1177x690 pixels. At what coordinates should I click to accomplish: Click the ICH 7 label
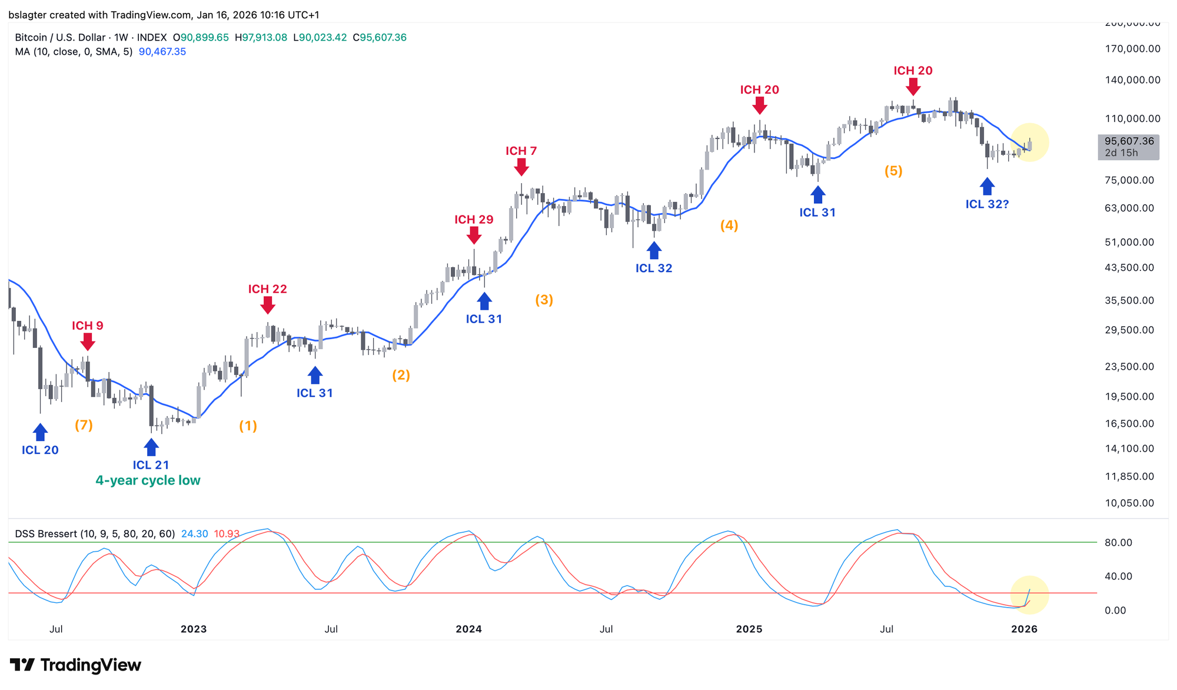tap(521, 151)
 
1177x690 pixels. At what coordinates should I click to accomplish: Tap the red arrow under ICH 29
tap(474, 235)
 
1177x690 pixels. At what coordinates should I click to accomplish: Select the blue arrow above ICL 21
tap(151, 447)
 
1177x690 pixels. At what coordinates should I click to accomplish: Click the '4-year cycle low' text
tap(148, 480)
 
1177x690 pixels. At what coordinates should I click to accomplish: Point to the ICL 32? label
tap(987, 204)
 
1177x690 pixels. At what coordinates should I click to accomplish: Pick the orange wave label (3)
tap(544, 300)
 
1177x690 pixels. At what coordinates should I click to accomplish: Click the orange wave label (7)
tap(84, 425)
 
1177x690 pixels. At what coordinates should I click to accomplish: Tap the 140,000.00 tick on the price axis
tap(1132, 80)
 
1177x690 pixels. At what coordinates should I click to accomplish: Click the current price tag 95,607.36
tap(1129, 141)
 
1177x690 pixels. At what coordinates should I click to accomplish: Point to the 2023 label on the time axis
tap(194, 629)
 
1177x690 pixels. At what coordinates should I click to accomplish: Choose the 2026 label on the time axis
tap(1024, 629)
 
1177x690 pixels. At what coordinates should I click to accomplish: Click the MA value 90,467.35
tap(162, 52)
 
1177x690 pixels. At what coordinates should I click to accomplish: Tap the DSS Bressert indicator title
tap(95, 534)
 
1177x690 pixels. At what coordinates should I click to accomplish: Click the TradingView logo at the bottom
tap(75, 665)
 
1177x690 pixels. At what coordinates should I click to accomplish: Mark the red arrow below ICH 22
tap(268, 305)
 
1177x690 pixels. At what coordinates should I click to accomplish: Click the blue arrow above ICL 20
tap(40, 433)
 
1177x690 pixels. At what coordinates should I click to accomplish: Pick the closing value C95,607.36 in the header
tap(380, 38)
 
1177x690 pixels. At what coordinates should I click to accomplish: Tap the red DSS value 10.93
tap(227, 534)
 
